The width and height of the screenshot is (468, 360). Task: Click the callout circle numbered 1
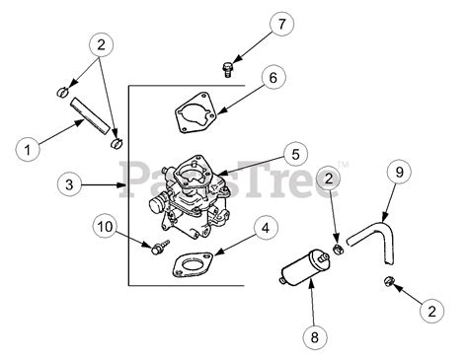[28, 150]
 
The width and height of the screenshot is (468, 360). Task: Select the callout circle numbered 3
[69, 184]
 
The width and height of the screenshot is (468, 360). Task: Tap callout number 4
[266, 228]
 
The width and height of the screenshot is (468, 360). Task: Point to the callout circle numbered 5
[295, 154]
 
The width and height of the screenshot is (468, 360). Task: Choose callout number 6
[273, 78]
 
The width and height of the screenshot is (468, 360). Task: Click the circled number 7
[281, 24]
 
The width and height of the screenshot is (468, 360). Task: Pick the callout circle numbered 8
[315, 337]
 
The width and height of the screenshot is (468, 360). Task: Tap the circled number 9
[399, 172]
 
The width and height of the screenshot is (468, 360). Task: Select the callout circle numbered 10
[106, 226]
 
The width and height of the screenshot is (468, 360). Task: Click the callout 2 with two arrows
[101, 44]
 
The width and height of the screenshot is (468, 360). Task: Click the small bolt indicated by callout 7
[226, 70]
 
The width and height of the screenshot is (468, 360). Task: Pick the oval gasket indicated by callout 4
[192, 265]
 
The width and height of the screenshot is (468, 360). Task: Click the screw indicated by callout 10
[160, 247]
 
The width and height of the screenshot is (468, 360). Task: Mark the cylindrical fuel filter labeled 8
[303, 267]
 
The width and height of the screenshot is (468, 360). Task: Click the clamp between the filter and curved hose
[339, 249]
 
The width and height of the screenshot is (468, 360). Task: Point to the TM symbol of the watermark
[344, 164]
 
